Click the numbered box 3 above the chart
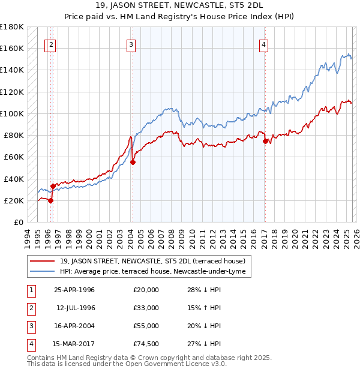tap(131, 44)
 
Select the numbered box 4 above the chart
tap(263, 44)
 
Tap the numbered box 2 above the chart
tap(52, 44)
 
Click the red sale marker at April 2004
tap(133, 162)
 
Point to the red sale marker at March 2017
tap(265, 141)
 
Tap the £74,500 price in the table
tap(146, 344)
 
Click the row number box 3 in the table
tap(31, 326)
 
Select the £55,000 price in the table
tap(146, 326)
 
